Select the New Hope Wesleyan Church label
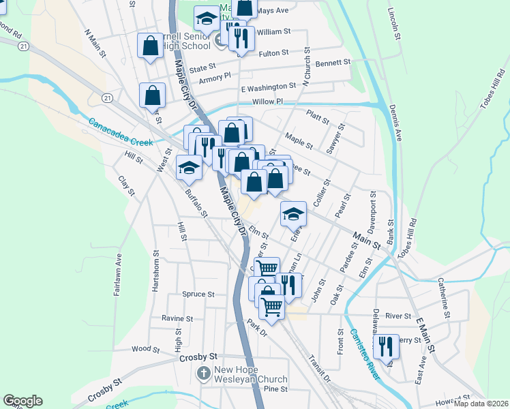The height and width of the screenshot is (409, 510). [x=250, y=374]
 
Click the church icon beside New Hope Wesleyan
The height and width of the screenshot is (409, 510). [x=203, y=374]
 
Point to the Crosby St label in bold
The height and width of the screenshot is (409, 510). [x=198, y=357]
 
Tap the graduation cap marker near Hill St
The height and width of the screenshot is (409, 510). [x=189, y=167]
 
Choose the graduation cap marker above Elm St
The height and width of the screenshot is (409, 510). [x=293, y=214]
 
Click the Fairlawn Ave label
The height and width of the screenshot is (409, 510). [x=117, y=274]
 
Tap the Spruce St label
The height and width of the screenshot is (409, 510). [x=198, y=294]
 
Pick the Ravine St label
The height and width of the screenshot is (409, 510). [x=177, y=318]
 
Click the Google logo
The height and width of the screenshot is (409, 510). [x=22, y=401]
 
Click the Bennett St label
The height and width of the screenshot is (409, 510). [x=333, y=62]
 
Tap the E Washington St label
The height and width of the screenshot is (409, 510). [x=268, y=87]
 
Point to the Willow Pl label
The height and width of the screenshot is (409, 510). [x=267, y=102]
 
